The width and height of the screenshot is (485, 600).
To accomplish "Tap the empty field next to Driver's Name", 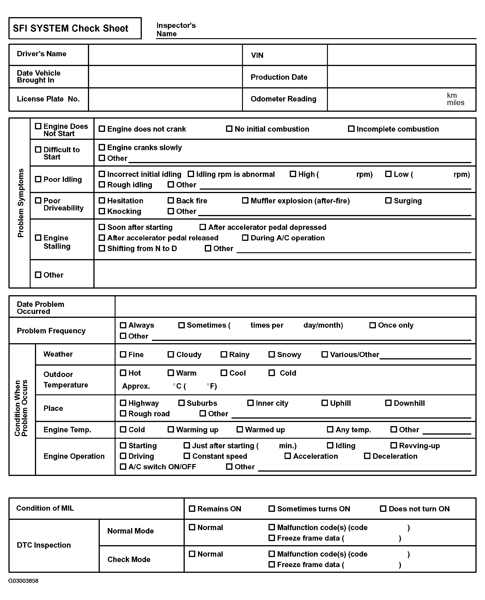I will tap(165, 55).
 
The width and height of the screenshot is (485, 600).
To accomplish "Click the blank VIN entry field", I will tap(401, 55).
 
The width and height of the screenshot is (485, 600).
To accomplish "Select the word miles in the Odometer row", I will tap(455, 103).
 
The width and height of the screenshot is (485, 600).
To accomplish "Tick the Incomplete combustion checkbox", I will tap(351, 129).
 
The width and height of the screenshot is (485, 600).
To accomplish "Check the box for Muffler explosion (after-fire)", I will tap(245, 200).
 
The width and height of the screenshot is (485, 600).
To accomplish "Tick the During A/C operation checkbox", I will tap(245, 238).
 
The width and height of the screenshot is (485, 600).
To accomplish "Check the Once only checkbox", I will tap(372, 325).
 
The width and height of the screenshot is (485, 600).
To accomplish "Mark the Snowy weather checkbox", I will tap(271, 354).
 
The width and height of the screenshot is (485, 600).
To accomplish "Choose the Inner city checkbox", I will tap(250, 403).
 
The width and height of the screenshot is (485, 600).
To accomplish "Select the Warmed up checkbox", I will tap(240, 430).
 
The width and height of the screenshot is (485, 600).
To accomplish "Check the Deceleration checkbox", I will tap(367, 456).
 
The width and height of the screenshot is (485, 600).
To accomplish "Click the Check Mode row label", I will tap(129, 559).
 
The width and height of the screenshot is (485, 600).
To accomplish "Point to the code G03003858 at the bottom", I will tap(23, 581).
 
